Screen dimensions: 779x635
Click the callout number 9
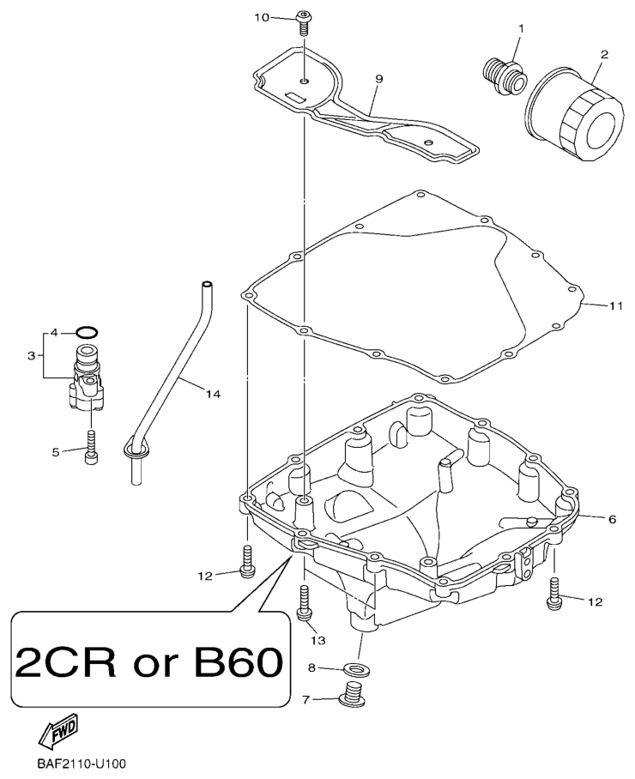click(378, 79)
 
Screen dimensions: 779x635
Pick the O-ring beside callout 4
click(87, 331)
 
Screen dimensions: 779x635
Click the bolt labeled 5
click(90, 451)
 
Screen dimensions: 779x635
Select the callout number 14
click(213, 394)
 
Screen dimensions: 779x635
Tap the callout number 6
click(612, 519)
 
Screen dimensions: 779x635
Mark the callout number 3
click(31, 353)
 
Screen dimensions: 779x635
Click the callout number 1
click(520, 29)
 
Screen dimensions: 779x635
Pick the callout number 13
click(318, 640)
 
